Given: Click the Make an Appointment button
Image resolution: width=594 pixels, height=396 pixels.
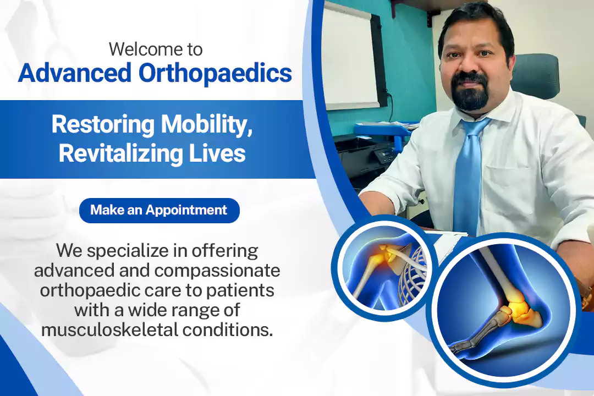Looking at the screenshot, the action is (x=159, y=210).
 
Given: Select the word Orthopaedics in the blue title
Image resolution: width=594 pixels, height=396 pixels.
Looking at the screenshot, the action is (x=215, y=74).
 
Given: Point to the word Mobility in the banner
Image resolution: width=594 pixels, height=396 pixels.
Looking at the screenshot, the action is (x=207, y=125).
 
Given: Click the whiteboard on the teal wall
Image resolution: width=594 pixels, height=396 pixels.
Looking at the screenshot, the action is (x=350, y=57).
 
